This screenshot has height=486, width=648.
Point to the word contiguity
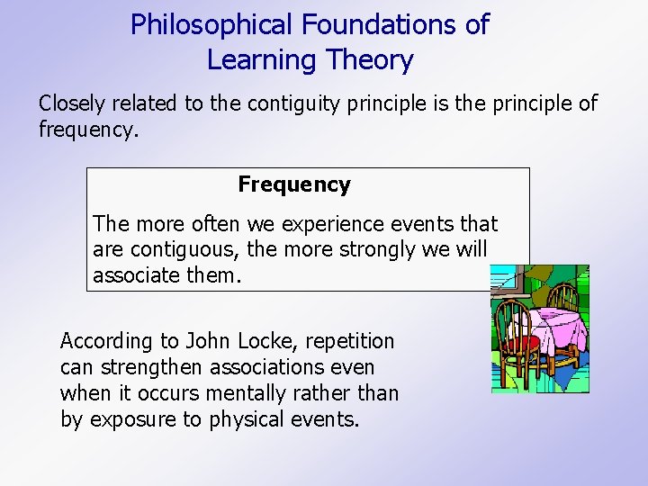300,103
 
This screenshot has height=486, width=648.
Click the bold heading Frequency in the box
293,184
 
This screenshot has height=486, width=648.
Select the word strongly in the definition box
380,249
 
